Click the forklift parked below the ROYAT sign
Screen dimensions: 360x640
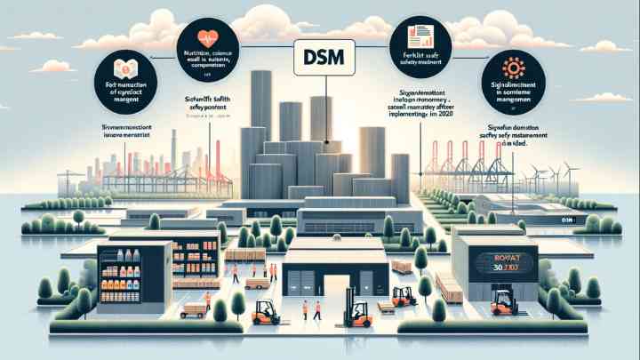(504, 302)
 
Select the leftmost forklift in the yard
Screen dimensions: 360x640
(266, 312)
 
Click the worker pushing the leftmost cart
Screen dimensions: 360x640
(206, 300)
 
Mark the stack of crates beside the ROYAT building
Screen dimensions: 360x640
(450, 287)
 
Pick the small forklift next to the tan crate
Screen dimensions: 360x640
(404, 296)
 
